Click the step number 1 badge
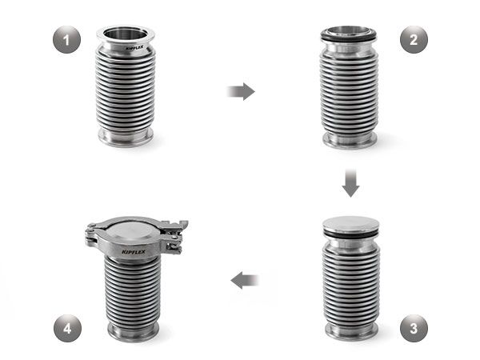[x=66, y=40]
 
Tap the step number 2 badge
[x=414, y=40]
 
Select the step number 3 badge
[x=414, y=328]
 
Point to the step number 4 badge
[x=67, y=328]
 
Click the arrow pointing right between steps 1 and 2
[x=241, y=91]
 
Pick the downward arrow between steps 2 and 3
[x=350, y=182]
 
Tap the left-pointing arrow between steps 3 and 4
[x=245, y=280]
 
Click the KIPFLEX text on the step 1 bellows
[x=134, y=48]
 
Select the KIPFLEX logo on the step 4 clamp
[x=134, y=252]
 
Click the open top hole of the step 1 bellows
[x=126, y=33]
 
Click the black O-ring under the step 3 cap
[x=351, y=234]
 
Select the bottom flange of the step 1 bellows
[x=126, y=138]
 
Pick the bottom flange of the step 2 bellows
[x=350, y=141]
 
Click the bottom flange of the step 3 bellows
[x=351, y=331]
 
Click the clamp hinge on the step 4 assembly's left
[x=93, y=234]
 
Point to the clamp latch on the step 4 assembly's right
[x=175, y=234]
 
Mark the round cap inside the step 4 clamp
[x=132, y=230]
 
